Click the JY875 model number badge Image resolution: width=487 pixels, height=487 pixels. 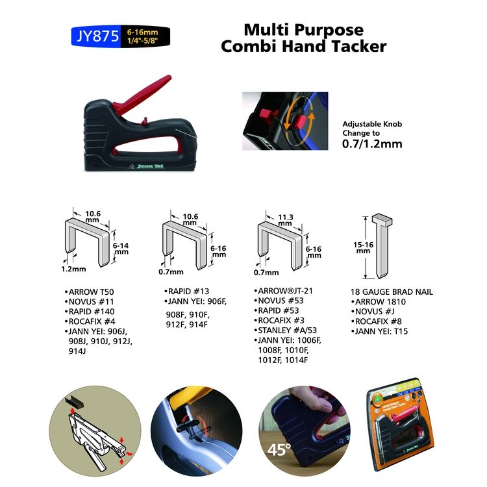click(x=96, y=36)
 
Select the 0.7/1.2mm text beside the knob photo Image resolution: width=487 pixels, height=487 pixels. click(x=372, y=144)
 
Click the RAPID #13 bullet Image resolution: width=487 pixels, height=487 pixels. click(x=188, y=292)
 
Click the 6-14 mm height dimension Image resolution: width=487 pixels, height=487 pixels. click(x=121, y=250)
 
